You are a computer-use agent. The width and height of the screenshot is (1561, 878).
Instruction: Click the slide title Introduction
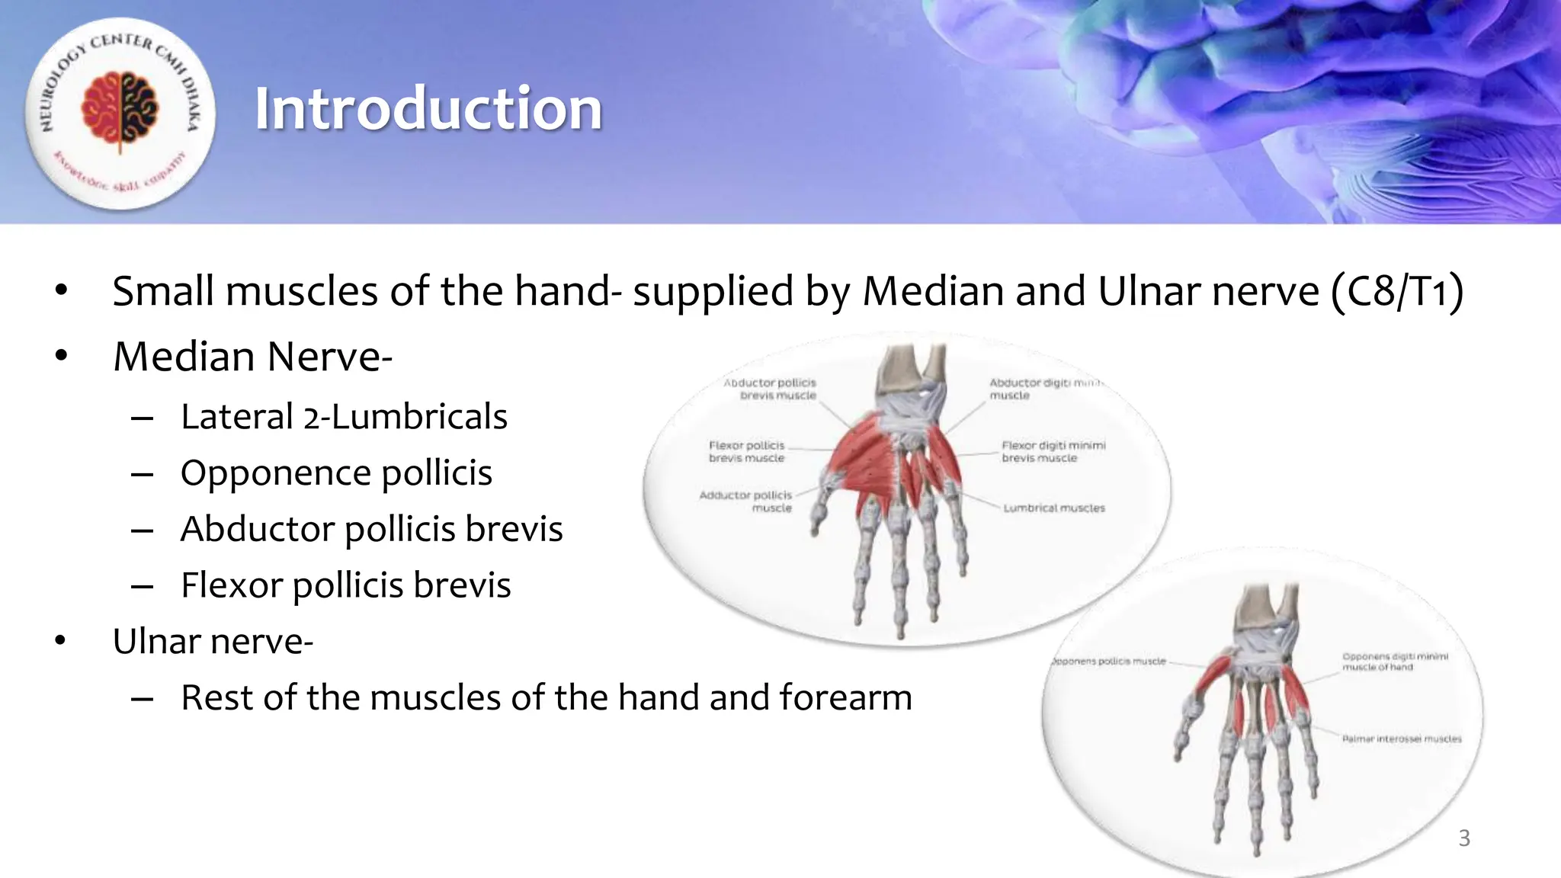coord(428,109)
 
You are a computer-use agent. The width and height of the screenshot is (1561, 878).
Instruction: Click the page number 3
coord(1463,838)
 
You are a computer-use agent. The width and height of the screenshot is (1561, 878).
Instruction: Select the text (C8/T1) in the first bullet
coord(1397,291)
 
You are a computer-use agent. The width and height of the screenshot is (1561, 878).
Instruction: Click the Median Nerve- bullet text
coord(252,357)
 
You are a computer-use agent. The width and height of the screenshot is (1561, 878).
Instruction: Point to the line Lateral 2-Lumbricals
coord(344,417)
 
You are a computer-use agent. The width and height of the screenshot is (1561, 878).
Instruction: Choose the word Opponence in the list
coord(274,473)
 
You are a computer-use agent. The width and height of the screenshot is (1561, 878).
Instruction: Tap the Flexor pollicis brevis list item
coord(345,585)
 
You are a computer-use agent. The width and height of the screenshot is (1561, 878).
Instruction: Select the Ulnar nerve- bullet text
coord(213,642)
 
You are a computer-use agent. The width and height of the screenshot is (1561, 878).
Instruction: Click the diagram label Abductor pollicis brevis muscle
coord(771,389)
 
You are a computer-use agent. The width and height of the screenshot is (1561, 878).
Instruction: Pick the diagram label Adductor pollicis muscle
coord(746,501)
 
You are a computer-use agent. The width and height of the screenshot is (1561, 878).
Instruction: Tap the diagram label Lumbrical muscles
coord(1053,508)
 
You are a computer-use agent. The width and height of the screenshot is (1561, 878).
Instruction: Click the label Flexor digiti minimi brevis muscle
coord(1053,451)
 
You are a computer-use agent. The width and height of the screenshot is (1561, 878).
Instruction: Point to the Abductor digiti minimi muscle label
coord(1044,389)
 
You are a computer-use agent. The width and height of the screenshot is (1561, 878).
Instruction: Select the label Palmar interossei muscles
coord(1401,739)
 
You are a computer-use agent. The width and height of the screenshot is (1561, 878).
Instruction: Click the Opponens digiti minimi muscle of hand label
coord(1394,662)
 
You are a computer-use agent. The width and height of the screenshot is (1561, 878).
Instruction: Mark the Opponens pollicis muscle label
coord(1109,662)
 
